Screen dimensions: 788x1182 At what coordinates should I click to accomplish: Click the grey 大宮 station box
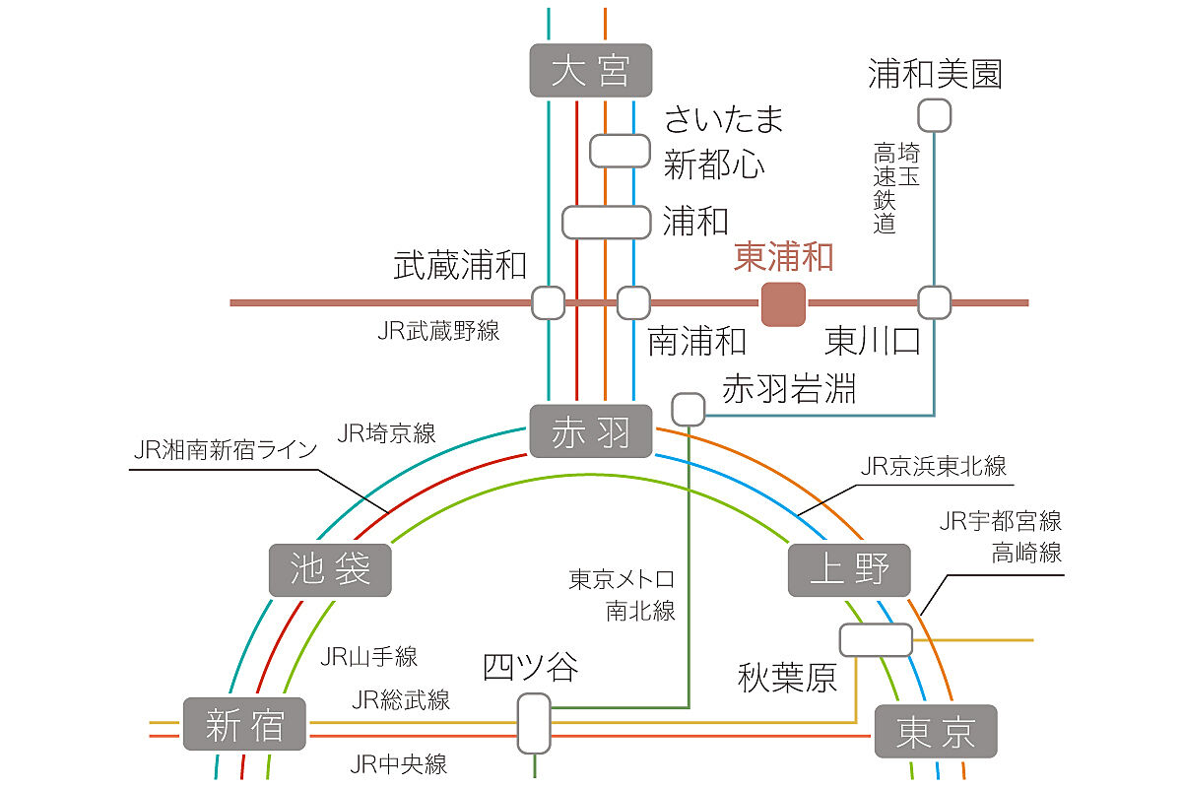(x=591, y=70)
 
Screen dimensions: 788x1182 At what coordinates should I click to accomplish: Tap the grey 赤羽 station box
(x=591, y=431)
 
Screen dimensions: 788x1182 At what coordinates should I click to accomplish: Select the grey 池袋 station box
(x=330, y=569)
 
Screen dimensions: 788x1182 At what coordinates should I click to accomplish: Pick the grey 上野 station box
(x=849, y=569)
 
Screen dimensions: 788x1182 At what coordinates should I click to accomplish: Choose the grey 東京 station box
(x=936, y=731)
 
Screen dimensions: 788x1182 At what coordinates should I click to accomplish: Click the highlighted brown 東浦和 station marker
(x=783, y=303)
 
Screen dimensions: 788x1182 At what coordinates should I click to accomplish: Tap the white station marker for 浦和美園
(x=934, y=115)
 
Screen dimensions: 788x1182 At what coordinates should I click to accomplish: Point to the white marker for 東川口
(x=934, y=302)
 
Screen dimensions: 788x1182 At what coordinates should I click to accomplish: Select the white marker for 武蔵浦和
(x=548, y=302)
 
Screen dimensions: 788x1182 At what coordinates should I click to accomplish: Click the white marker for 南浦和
(x=633, y=302)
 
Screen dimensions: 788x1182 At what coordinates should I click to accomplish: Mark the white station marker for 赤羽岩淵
(x=689, y=408)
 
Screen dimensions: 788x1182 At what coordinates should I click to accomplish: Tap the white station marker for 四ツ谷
(x=534, y=723)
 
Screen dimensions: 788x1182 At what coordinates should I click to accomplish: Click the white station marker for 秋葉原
(x=876, y=639)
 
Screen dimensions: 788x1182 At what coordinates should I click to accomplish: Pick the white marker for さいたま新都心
(x=620, y=151)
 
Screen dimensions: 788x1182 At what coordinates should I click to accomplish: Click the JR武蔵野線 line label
(x=438, y=331)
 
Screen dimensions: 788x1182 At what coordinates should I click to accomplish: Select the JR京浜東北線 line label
(x=933, y=466)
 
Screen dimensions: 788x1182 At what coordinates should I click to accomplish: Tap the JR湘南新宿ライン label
(x=226, y=450)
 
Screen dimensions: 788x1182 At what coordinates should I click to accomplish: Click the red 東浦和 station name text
(x=784, y=258)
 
